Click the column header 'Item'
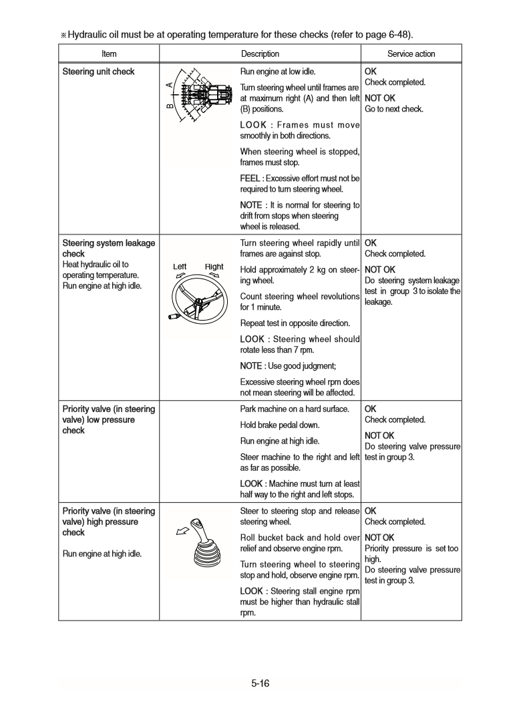click(x=109, y=54)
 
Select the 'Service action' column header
click(x=411, y=54)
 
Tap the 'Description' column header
click(x=260, y=54)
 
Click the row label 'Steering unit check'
click(x=98, y=71)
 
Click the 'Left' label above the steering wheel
click(x=180, y=266)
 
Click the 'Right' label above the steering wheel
click(x=214, y=266)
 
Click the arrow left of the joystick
click(x=180, y=532)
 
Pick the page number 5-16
click(x=260, y=683)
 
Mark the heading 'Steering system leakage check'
click(x=108, y=248)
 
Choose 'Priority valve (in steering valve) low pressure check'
click(x=108, y=419)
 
